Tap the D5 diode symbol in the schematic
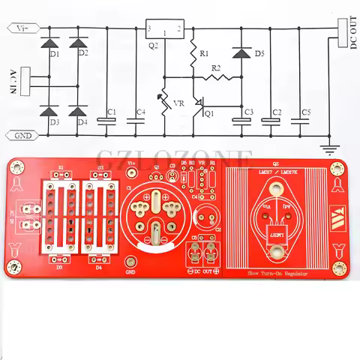(241, 53)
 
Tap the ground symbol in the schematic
(327, 139)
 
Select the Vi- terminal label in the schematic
(22, 28)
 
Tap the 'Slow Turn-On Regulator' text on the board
(277, 275)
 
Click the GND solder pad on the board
(130, 262)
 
